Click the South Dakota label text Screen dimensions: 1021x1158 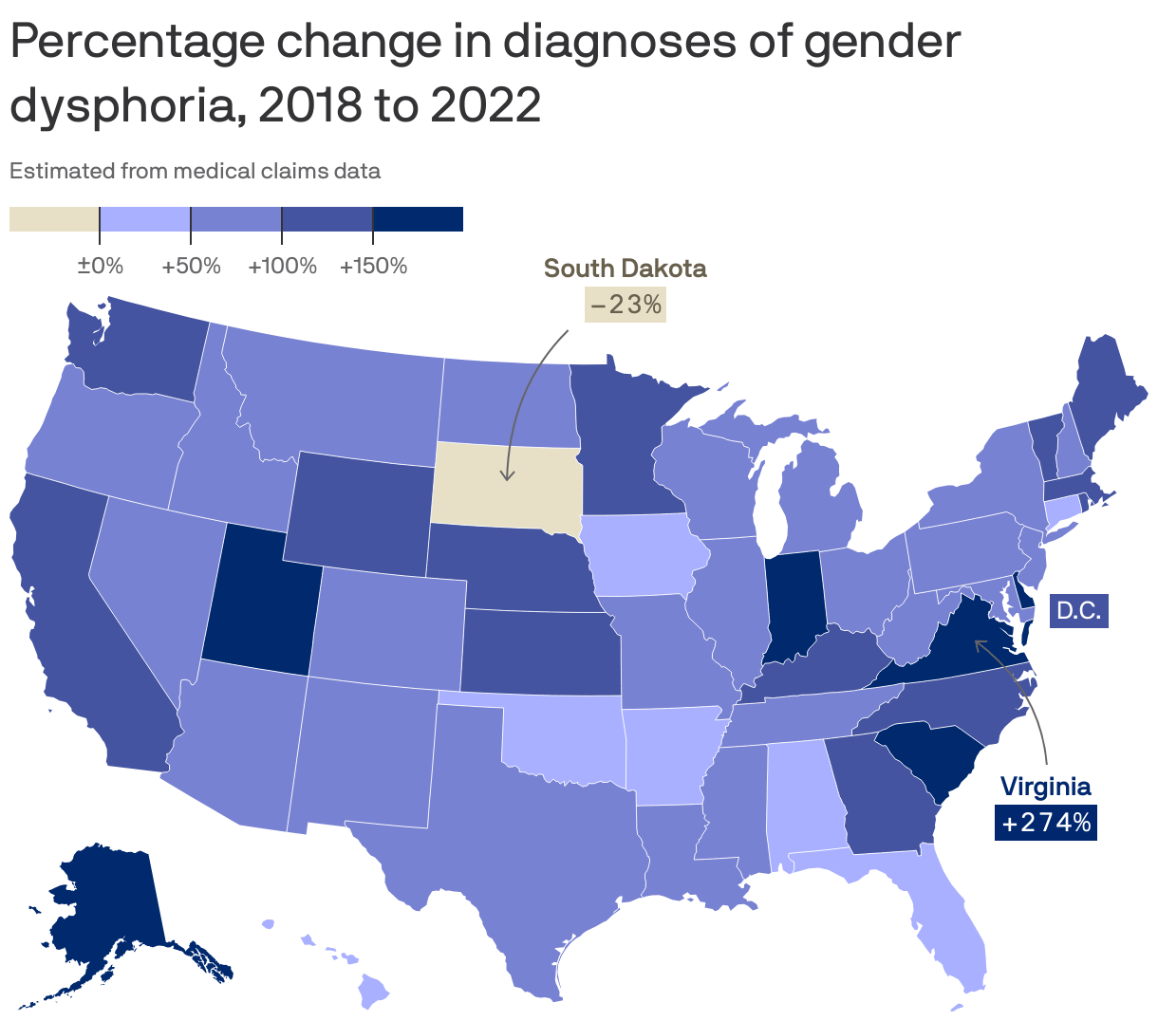click(625, 269)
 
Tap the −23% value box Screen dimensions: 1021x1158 click(625, 305)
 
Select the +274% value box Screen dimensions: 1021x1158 click(1046, 823)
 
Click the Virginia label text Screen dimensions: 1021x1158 click(1046, 787)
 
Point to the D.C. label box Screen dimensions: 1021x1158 click(1078, 611)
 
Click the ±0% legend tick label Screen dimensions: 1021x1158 click(100, 266)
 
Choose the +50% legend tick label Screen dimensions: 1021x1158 click(191, 266)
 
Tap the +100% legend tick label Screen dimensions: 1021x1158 click(282, 266)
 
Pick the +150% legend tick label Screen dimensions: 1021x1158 click(373, 266)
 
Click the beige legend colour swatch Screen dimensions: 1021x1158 click(54, 219)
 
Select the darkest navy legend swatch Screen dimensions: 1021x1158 click(418, 219)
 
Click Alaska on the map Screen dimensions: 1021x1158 click(104, 911)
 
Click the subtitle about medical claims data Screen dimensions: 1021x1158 click(195, 172)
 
